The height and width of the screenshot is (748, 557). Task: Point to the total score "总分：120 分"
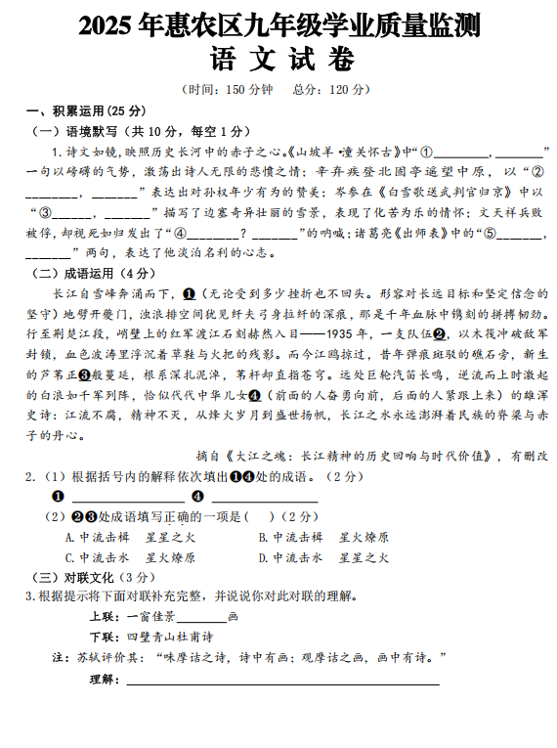click(x=331, y=90)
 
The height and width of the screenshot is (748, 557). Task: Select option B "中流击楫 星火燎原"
click(x=324, y=538)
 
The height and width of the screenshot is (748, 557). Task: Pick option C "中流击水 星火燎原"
click(x=131, y=557)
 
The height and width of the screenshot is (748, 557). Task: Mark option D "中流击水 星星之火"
click(x=324, y=557)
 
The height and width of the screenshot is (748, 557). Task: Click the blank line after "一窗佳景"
click(x=201, y=618)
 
